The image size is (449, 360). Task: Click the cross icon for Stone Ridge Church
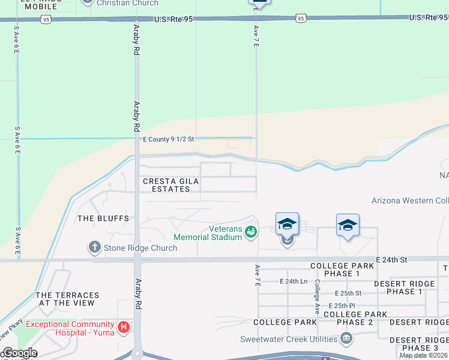pos(94,247)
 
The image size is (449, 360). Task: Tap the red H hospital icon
pos(123,327)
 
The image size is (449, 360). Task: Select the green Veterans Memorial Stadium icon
pos(251,230)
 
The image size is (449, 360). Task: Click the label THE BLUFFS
pos(104,218)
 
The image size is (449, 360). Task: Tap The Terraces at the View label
pos(67,299)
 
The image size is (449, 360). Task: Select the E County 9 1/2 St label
pos(169,139)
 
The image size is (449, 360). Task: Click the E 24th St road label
pos(391,259)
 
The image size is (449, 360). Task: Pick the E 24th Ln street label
pos(294,281)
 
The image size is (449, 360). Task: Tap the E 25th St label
pos(346,293)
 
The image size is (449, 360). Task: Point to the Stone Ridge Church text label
pos(140,248)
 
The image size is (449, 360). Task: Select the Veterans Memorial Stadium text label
pos(208,233)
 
